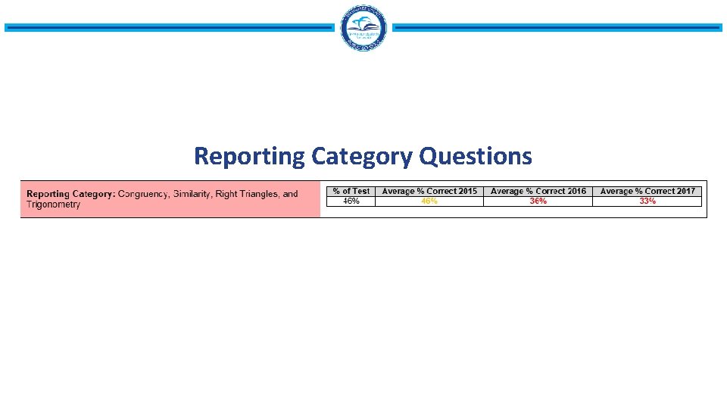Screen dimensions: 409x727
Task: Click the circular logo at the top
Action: click(364, 28)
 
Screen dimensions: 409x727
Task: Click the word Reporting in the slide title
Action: click(249, 156)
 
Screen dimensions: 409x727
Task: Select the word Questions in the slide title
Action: click(476, 156)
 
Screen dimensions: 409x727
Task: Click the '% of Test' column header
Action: click(351, 191)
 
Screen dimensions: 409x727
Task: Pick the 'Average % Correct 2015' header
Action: click(429, 191)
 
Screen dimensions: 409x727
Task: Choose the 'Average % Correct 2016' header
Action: click(538, 191)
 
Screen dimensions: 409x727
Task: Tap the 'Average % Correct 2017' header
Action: click(647, 191)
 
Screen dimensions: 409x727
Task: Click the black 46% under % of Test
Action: click(351, 201)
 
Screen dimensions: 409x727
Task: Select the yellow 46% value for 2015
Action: click(429, 201)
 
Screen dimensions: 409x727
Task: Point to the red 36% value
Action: click(538, 201)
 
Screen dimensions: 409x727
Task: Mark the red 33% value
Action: click(647, 201)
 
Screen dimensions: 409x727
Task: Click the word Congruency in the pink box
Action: click(143, 194)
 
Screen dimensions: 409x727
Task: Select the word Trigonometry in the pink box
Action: click(53, 204)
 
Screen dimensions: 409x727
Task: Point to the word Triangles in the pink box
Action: click(258, 194)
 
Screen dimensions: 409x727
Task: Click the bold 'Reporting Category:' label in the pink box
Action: click(70, 194)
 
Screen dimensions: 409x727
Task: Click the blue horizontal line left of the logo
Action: click(168, 28)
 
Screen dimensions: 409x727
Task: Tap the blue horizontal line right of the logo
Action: click(557, 28)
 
